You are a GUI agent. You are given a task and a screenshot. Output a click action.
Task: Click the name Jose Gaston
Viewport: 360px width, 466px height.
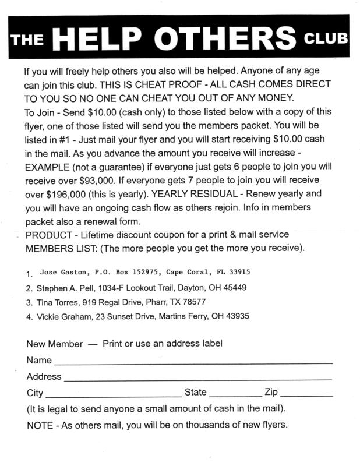pos(62,273)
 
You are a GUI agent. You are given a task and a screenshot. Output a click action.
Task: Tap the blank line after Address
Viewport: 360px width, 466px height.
pos(198,377)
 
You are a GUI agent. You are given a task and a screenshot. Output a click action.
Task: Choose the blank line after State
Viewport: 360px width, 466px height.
pos(234,393)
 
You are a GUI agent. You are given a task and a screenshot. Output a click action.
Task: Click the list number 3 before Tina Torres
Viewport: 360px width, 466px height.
pos(29,303)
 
